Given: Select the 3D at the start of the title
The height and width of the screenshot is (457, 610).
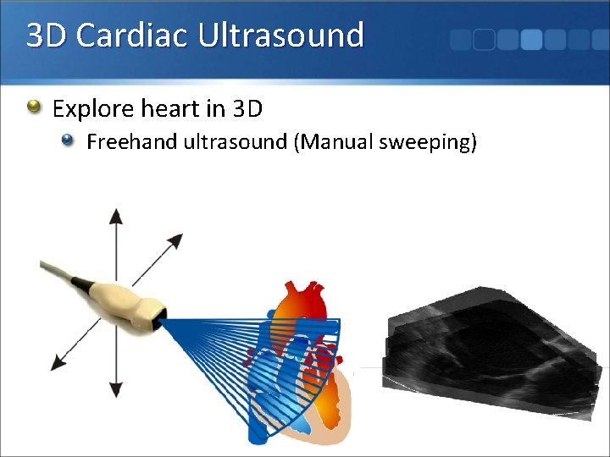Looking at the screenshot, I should [x=47, y=36].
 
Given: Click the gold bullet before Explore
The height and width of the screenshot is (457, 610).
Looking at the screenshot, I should [x=34, y=107].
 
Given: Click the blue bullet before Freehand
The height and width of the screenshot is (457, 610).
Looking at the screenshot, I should [x=69, y=141].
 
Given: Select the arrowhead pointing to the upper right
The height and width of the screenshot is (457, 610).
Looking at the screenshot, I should [x=175, y=240].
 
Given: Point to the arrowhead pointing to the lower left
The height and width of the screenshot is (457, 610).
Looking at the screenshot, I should [x=58, y=363].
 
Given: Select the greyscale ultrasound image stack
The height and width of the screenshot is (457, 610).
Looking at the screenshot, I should [x=491, y=347].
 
